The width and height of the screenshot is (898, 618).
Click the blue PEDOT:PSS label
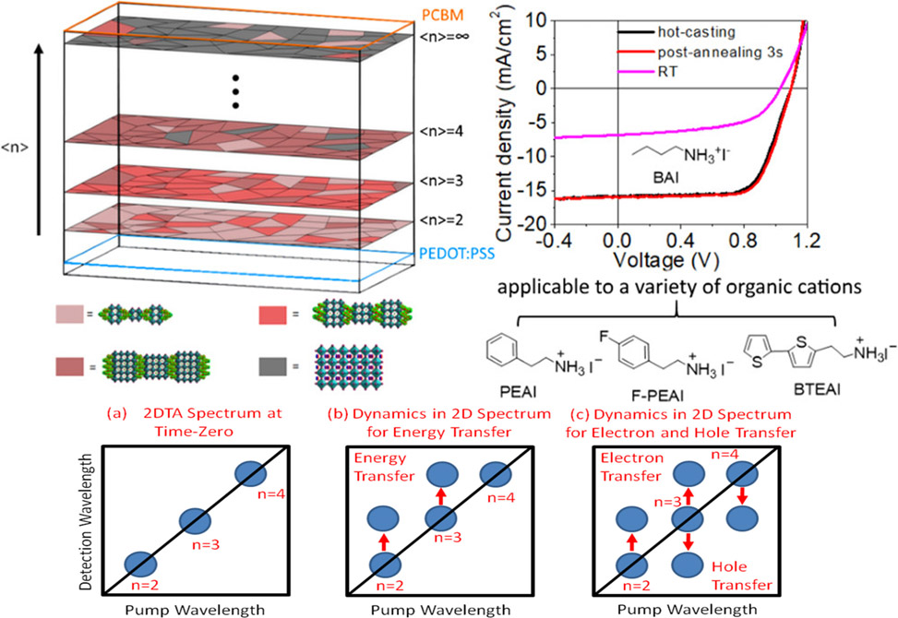click(456, 253)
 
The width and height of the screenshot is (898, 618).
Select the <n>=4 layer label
click(441, 132)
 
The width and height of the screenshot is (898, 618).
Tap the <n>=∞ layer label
click(445, 37)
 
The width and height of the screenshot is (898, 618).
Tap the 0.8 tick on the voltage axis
click(745, 240)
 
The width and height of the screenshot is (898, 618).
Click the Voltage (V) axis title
click(666, 260)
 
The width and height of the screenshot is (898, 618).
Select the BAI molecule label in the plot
click(665, 177)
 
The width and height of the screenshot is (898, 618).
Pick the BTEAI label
click(817, 389)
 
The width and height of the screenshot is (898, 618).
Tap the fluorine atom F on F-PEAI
click(604, 336)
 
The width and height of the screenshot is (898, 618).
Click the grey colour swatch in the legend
click(272, 366)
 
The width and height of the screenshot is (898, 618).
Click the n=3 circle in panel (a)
click(196, 521)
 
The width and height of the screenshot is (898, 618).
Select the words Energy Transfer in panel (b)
click(384, 467)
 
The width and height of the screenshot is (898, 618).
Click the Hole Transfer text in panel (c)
click(742, 576)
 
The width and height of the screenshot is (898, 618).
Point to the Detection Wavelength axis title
click(86, 522)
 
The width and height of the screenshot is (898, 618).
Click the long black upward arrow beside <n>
click(39, 140)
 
